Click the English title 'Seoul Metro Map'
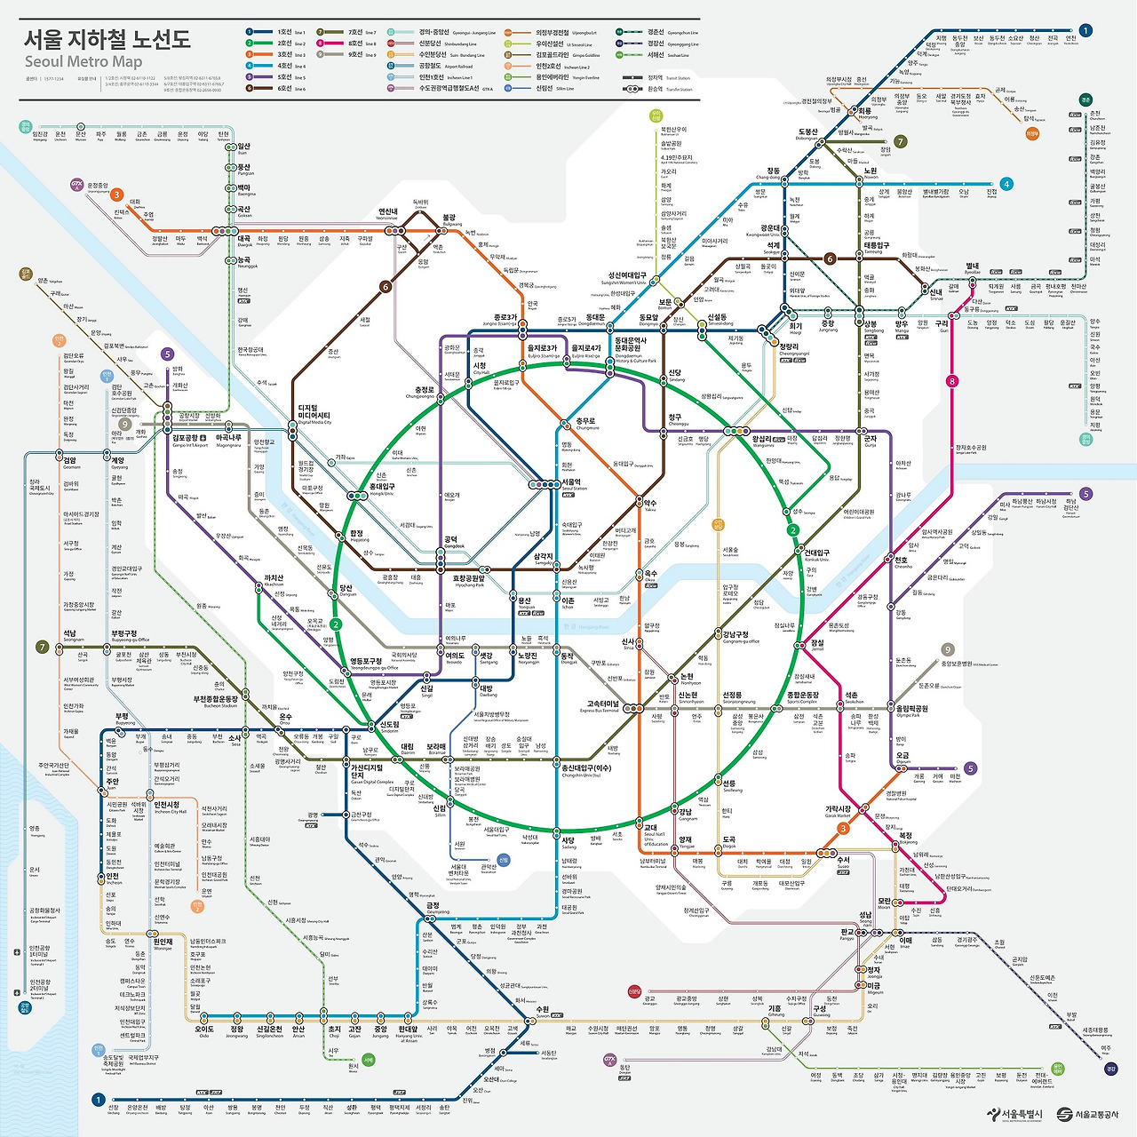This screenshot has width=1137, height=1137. point(83,61)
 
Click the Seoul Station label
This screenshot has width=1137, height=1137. point(574,485)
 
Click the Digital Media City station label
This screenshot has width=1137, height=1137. point(314,416)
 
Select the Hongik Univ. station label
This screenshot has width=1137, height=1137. point(382,489)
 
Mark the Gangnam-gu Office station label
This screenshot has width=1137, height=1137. point(741,637)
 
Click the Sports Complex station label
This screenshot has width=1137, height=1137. point(802,697)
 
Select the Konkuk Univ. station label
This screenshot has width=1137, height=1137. point(816,555)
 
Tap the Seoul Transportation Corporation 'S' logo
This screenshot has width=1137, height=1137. point(1064,1114)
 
